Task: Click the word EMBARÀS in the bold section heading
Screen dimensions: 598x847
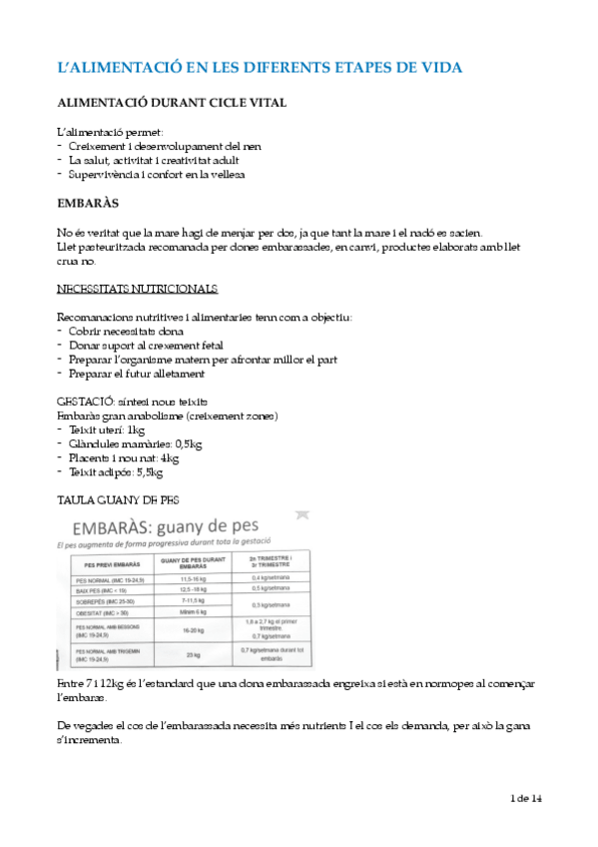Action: [89, 203]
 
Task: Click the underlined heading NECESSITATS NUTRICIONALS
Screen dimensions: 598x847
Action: [137, 289]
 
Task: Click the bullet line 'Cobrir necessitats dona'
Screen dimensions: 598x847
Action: [126, 331]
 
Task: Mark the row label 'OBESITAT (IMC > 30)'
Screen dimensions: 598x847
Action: [102, 612]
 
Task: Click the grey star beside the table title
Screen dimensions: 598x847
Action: [304, 514]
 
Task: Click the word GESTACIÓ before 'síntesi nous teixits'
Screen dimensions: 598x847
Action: [89, 400]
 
